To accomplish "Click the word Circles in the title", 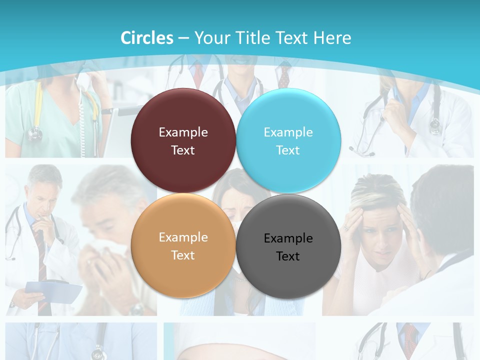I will [x=146, y=38].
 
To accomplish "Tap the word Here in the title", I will [x=332, y=38].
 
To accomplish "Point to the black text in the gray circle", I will [x=288, y=247].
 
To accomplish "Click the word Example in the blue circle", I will [x=288, y=132].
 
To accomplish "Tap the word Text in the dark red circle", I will [x=183, y=150].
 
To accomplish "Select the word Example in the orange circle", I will [x=183, y=237].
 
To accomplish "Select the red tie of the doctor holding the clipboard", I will [x=41, y=260].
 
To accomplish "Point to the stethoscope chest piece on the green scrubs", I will [x=35, y=134].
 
